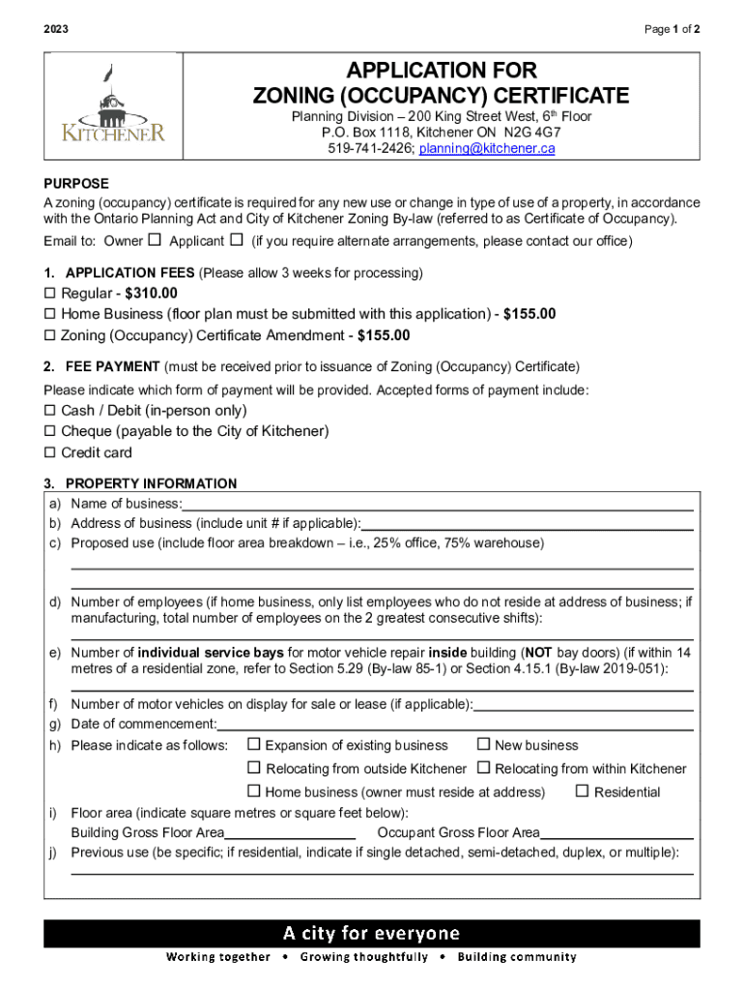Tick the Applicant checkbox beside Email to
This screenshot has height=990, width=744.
tap(235, 241)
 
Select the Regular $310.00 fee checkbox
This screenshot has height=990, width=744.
tap(50, 293)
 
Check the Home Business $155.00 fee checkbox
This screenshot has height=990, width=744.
tap(50, 314)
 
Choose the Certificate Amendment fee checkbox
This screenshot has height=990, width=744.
tap(50, 335)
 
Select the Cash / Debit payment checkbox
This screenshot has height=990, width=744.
tap(50, 410)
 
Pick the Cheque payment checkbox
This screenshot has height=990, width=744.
tap(50, 431)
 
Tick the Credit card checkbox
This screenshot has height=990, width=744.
tap(50, 452)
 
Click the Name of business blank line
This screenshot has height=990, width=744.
tap(438, 503)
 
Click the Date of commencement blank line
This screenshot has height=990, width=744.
tap(455, 724)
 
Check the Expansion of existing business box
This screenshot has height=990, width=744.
tap(254, 744)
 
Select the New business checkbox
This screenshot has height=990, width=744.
tap(484, 744)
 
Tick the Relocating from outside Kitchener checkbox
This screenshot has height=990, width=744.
tap(254, 769)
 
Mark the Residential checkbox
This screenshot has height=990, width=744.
tap(583, 792)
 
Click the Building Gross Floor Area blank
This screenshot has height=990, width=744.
tap(290, 832)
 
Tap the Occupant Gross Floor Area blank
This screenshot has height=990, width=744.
tap(616, 832)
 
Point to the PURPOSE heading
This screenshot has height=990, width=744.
tap(76, 184)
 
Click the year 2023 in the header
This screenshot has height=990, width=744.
tap(56, 30)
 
